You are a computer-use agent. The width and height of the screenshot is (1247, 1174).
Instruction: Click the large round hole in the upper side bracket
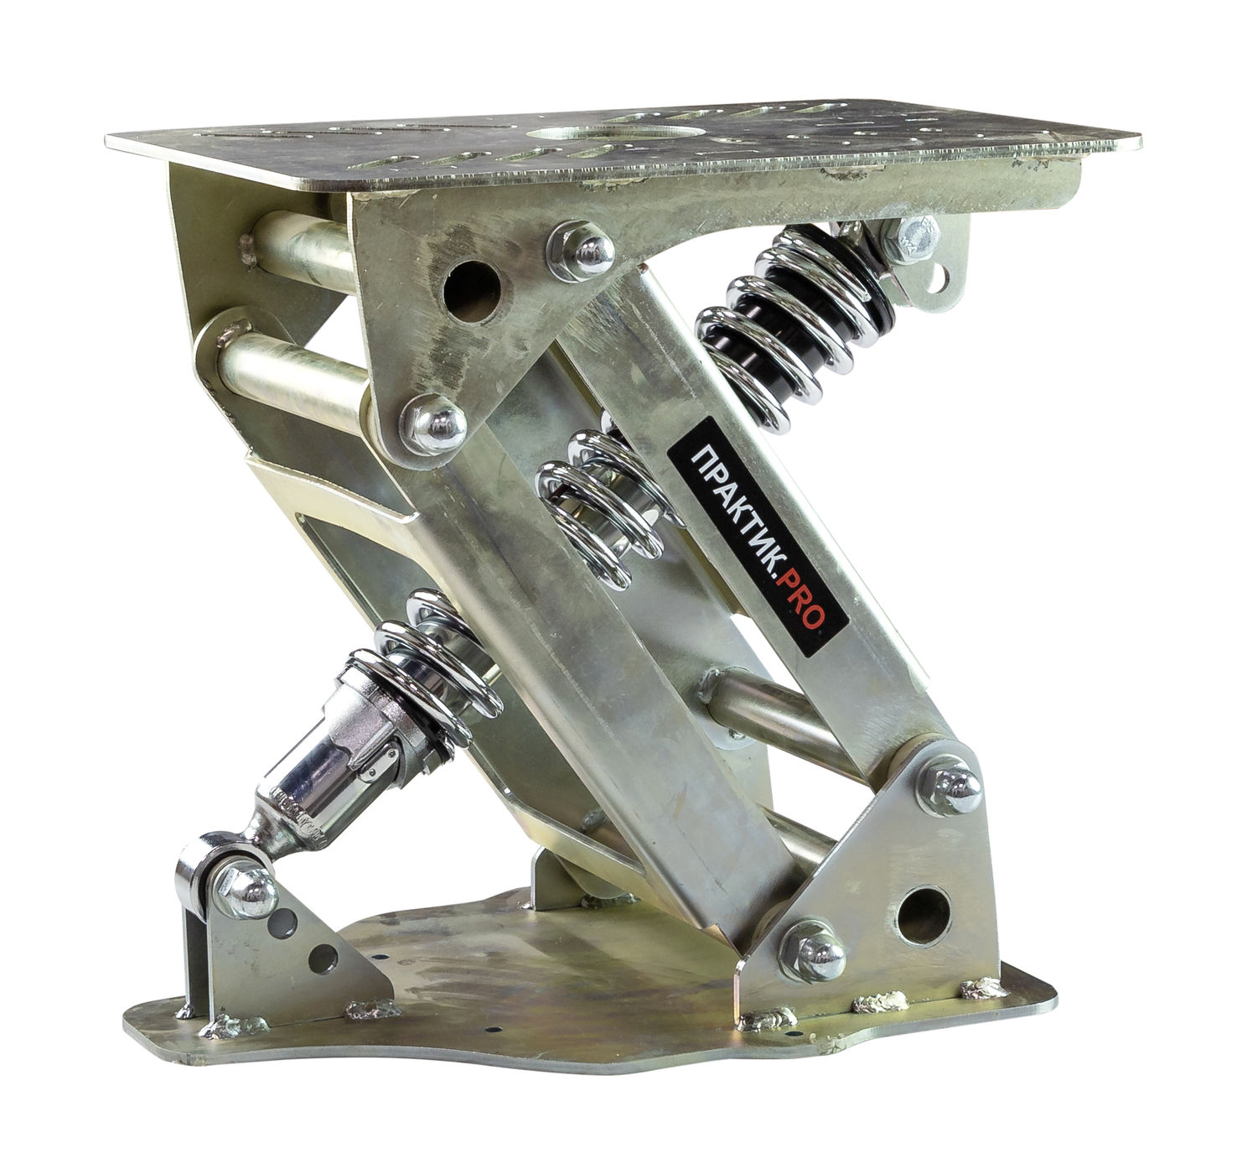[x=472, y=292]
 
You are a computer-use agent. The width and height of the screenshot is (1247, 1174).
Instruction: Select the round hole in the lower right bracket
[x=924, y=914]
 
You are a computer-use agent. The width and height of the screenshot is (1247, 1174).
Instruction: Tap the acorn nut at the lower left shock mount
[x=246, y=889]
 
